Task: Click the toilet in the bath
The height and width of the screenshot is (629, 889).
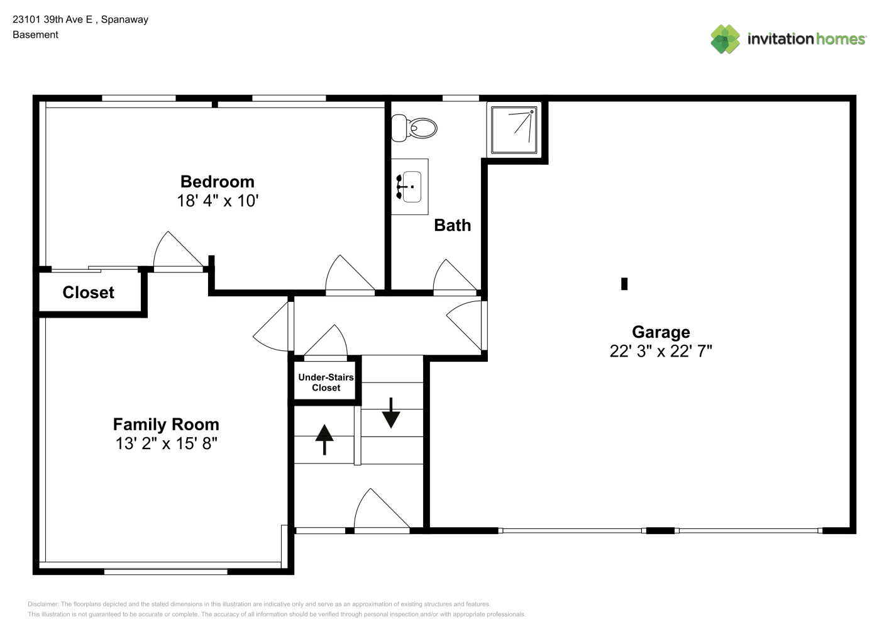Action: [x=414, y=128]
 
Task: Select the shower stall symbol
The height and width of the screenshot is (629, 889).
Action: [x=514, y=130]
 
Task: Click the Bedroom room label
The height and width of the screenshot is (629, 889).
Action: [x=218, y=182]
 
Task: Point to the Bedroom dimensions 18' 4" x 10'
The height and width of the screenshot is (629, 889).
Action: [x=218, y=201]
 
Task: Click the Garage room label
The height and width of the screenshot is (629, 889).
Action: [x=661, y=332]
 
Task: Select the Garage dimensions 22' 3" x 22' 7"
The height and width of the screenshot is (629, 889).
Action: [x=661, y=351]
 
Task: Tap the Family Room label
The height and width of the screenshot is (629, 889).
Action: [x=166, y=425]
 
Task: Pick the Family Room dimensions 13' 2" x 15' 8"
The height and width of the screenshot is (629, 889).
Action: [x=166, y=443]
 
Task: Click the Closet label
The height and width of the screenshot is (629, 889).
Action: [x=89, y=292]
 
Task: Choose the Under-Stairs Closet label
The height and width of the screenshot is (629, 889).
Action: [x=326, y=382]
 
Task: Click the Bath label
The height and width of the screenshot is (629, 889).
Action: [x=453, y=226]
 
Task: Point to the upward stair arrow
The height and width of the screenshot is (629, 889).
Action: [x=324, y=440]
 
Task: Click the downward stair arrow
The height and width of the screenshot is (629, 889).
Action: [x=391, y=413]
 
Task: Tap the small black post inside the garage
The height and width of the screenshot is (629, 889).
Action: [x=624, y=284]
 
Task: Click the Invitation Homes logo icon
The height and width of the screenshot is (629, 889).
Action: [x=725, y=39]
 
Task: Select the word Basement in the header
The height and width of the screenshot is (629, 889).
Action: [x=35, y=35]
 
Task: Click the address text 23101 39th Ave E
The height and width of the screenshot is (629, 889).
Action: [x=52, y=19]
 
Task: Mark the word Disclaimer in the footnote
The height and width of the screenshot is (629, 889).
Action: [x=43, y=604]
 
